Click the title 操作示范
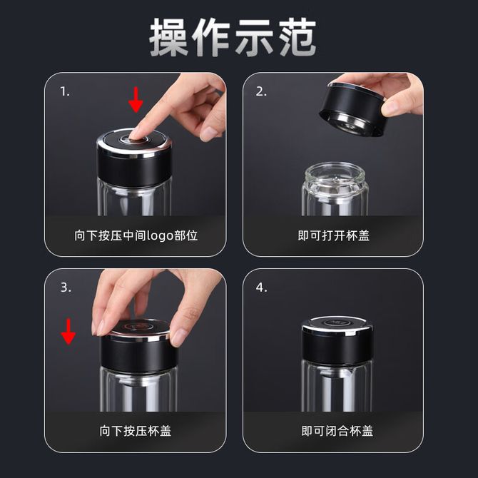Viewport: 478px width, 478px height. point(233,37)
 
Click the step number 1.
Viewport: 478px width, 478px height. point(65,91)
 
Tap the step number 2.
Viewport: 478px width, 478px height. point(261,91)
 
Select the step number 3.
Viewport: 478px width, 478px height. point(66,288)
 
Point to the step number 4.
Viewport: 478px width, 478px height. point(262,288)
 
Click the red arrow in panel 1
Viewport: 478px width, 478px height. point(136,100)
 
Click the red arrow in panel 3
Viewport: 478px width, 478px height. point(68,331)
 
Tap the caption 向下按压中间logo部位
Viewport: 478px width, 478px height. point(136,235)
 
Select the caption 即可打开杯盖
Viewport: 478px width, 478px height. point(333,235)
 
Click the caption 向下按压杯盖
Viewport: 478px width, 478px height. point(136,431)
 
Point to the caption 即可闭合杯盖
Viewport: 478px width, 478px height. point(337,431)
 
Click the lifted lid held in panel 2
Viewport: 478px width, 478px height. point(353,109)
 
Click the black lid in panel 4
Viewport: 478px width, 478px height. point(337,341)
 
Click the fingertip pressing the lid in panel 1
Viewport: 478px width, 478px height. point(134,134)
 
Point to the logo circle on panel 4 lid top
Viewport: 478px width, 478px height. point(335,322)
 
